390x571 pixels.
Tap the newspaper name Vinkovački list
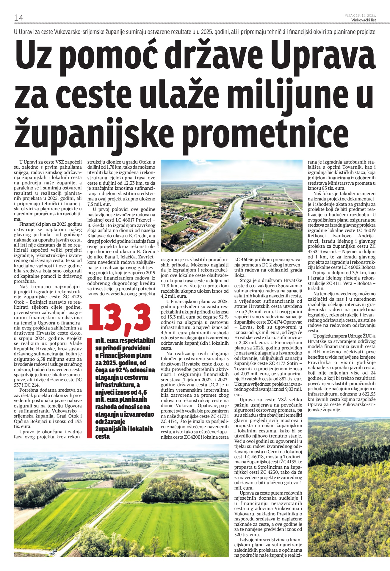point(364,20)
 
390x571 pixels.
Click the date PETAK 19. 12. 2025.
point(360,15)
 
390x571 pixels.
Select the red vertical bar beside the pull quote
point(90,388)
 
